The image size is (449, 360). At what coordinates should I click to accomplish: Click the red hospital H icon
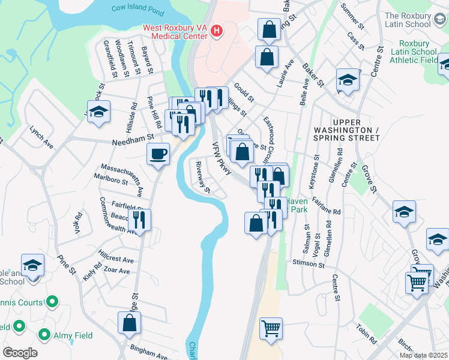pos(217,31)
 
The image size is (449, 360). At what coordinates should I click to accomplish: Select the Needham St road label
pos(130,143)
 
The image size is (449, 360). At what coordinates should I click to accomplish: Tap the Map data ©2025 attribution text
pos(423,355)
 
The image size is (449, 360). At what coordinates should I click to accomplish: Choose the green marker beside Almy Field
pos(44,335)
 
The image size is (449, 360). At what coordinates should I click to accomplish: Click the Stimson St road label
pos(309,264)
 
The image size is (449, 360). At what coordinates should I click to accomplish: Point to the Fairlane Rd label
pos(327,212)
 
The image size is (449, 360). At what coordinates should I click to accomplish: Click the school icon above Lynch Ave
pos(99,112)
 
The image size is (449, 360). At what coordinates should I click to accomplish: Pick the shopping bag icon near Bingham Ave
pos(130,323)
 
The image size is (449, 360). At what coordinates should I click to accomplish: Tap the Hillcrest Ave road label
pos(116,260)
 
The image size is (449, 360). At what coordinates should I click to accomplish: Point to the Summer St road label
pos(352,17)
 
